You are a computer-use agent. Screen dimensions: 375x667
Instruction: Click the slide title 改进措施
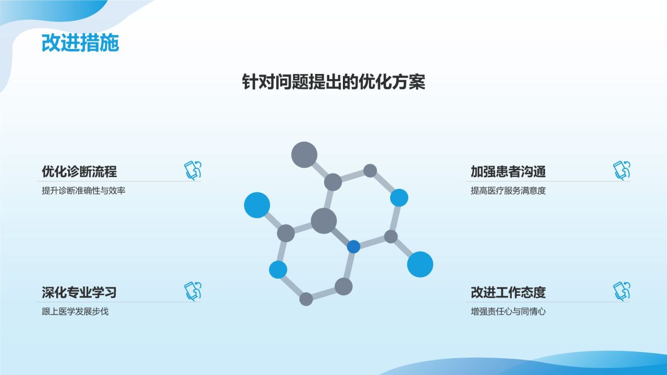[x=80, y=43]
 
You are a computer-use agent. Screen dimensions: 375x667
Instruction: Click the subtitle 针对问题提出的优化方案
[x=333, y=82]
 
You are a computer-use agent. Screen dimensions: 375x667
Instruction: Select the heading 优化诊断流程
[x=79, y=171]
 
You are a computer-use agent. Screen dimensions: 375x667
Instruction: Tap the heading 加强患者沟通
[x=508, y=171]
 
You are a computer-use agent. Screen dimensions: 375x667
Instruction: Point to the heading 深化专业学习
[x=79, y=292]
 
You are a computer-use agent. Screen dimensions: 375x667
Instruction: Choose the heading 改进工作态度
[x=508, y=292]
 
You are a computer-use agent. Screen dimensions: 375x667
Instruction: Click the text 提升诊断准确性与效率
[x=83, y=191]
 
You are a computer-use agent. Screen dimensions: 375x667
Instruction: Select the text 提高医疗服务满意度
[x=508, y=191]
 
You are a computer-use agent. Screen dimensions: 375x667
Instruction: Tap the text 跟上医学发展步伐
[x=75, y=311]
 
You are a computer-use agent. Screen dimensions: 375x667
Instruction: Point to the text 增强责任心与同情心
[x=508, y=311]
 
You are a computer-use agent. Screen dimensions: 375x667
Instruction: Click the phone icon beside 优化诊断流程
[x=192, y=171]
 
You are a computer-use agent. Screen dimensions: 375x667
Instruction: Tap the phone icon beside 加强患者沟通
[x=622, y=171]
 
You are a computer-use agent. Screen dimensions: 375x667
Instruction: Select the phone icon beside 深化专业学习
[x=192, y=291]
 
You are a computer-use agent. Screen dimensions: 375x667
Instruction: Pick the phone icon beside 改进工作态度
[x=622, y=291]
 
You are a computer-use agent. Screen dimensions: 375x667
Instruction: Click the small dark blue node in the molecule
[x=354, y=246]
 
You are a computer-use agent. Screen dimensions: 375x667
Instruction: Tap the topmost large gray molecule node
[x=304, y=155]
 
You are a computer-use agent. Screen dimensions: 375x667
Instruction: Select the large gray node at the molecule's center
[x=324, y=221]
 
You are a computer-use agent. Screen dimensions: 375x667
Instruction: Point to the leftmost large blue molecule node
[x=257, y=205]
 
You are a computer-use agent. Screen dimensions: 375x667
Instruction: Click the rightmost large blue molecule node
[x=420, y=264]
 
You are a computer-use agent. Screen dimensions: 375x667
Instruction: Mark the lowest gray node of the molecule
[x=306, y=299]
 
